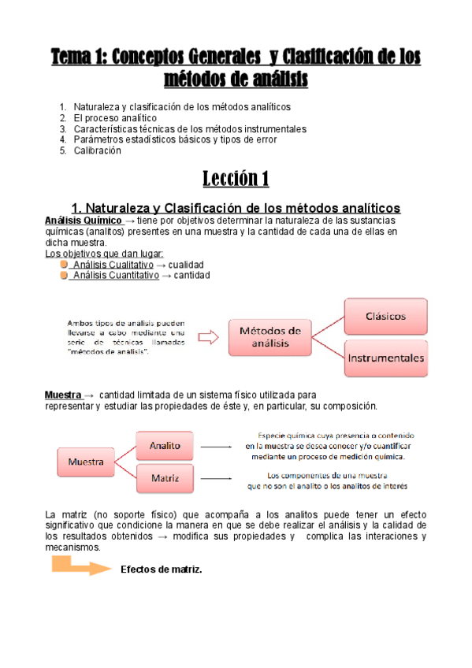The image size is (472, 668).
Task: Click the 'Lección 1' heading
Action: [x=236, y=178]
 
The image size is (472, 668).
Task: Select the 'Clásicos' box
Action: [x=385, y=316]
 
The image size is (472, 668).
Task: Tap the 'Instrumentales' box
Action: [x=385, y=358]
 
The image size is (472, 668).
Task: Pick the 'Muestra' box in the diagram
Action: [x=87, y=461]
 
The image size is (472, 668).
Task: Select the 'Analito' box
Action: [x=165, y=446]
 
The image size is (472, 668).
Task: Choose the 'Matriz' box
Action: [x=165, y=477]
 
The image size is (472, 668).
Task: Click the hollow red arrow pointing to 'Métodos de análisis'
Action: [x=208, y=337]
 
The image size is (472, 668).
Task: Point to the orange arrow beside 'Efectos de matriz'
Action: [x=80, y=567]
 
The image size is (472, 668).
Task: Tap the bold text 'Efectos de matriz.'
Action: [x=162, y=570]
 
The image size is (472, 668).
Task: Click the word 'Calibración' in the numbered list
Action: [x=98, y=150]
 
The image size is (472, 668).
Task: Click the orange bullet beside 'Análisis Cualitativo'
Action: [x=64, y=265]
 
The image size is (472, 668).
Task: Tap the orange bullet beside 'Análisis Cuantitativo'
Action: [x=64, y=275]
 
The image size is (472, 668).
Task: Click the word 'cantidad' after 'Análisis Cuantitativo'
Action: [x=192, y=276]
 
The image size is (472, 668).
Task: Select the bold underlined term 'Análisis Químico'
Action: [x=84, y=221]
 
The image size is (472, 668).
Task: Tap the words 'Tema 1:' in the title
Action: [x=80, y=58]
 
